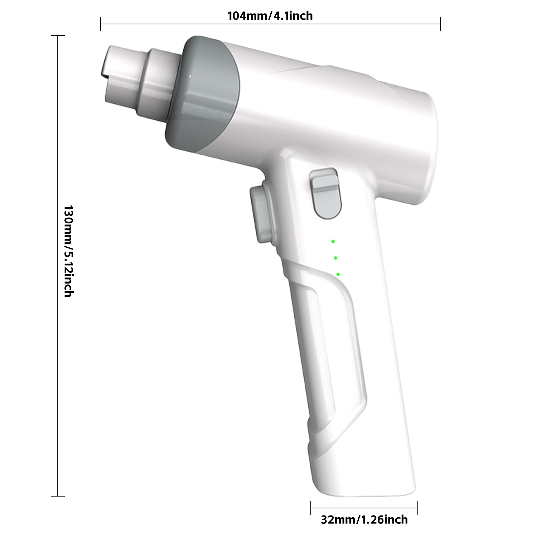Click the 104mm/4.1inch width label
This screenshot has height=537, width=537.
[x=270, y=16]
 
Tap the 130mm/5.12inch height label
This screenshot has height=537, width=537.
[x=68, y=251]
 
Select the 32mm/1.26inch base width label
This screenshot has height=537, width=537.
[x=364, y=519]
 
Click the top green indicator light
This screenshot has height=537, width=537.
[x=333, y=242]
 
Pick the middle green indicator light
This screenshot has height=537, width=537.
[x=335, y=258]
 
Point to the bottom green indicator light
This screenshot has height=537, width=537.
[x=338, y=274]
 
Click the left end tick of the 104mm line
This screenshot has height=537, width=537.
[x=101, y=24]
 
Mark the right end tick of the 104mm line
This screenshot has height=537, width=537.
[x=440, y=24]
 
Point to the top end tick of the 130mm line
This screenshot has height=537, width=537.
[x=58, y=36]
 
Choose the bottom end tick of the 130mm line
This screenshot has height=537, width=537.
[x=58, y=496]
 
